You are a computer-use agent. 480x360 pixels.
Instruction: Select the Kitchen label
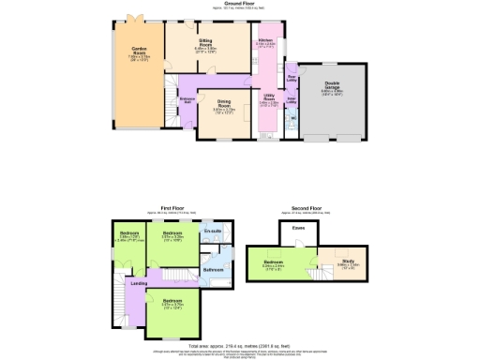click(x=265, y=40)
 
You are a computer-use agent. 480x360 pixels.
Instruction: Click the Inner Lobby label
click(x=291, y=97)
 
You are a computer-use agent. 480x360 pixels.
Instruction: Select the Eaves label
click(x=297, y=227)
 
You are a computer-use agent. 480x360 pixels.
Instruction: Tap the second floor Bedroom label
click(x=274, y=262)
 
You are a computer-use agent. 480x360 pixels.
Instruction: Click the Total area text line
click(x=241, y=344)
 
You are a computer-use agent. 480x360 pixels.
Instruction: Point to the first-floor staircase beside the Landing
click(x=172, y=277)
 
